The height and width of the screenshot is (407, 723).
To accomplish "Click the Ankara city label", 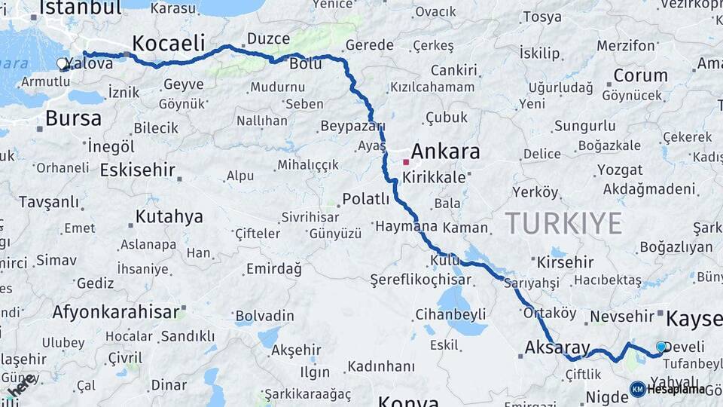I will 445,151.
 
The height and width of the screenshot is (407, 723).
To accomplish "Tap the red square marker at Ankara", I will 406,161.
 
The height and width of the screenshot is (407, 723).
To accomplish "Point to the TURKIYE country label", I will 563,223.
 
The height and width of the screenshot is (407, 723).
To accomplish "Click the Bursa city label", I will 73,118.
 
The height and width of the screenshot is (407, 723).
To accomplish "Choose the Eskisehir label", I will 137,169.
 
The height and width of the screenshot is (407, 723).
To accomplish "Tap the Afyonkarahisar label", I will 116,311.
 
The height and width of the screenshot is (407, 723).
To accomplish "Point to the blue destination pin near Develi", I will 661,347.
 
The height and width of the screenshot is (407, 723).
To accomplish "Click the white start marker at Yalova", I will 63,65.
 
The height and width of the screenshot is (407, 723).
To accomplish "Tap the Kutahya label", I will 169,217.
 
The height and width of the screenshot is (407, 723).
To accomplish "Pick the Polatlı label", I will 366,199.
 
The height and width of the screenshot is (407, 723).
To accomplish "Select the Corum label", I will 640,75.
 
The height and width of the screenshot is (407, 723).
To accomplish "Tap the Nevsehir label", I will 621,317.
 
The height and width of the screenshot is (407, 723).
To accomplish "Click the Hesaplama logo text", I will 676,389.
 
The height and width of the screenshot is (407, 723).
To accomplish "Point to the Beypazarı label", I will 352,126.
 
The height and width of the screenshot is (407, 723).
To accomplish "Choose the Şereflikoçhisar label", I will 420,280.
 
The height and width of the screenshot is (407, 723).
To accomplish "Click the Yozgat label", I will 620,170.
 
